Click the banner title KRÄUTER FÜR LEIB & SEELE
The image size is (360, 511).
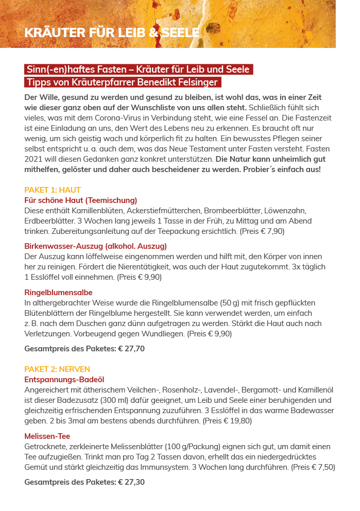[x=112, y=33]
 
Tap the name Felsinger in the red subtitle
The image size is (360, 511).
[x=198, y=82]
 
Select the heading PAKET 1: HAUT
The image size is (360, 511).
[x=53, y=190]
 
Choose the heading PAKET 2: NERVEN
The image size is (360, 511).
[x=57, y=369]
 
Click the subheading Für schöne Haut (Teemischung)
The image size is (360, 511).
[x=81, y=200]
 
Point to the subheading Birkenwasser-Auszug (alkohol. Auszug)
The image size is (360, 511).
[x=96, y=246]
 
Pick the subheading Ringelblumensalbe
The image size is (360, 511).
[x=59, y=292]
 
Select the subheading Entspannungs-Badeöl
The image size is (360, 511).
[x=64, y=379]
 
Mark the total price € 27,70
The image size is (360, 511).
[x=131, y=349]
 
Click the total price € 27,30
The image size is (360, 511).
[x=131, y=482]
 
